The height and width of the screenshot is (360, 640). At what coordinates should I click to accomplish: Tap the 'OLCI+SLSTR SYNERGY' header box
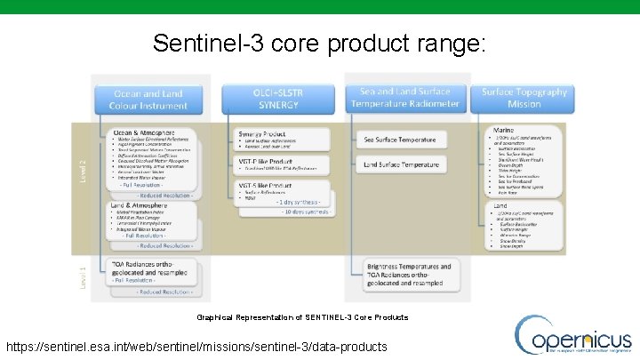(280, 98)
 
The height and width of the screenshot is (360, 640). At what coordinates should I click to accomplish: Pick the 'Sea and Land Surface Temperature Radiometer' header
(409, 98)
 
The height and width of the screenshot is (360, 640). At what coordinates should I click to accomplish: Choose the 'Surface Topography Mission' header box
(524, 98)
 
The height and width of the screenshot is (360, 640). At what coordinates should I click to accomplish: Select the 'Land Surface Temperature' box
(402, 164)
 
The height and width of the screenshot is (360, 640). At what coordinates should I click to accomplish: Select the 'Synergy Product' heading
(262, 133)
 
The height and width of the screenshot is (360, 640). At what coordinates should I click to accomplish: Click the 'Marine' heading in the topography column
(504, 130)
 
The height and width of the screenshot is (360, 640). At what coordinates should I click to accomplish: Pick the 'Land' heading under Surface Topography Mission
(500, 206)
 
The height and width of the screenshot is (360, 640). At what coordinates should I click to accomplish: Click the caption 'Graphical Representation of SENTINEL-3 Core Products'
(302, 317)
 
